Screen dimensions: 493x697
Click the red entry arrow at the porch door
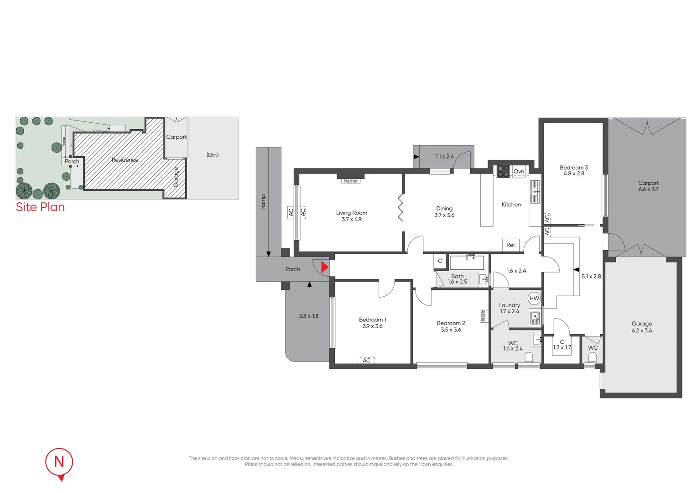tap(324, 267)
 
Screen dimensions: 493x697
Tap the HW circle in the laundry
tap(534, 299)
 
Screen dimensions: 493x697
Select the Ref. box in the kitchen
tap(511, 245)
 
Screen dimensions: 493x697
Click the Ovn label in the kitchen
tap(519, 172)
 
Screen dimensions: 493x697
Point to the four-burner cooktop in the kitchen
tap(503, 171)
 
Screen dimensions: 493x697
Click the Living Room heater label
tap(351, 181)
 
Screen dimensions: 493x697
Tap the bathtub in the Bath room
tap(467, 263)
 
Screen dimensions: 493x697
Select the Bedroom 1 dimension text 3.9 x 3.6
tap(372, 326)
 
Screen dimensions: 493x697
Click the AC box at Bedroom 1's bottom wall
tap(366, 360)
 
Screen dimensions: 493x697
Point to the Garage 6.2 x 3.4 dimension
tap(641, 330)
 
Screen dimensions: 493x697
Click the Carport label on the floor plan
tap(648, 183)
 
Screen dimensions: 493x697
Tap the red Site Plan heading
tap(40, 207)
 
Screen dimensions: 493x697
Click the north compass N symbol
tap(59, 462)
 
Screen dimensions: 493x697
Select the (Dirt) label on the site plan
tap(213, 155)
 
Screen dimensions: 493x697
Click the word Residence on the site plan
tap(125, 160)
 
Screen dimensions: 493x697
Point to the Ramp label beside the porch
tap(263, 202)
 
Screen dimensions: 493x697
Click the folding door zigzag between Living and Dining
tap(400, 208)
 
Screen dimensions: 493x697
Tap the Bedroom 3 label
tap(573, 168)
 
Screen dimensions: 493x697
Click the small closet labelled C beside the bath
tap(440, 261)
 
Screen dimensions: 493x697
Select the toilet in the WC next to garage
tap(592, 357)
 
